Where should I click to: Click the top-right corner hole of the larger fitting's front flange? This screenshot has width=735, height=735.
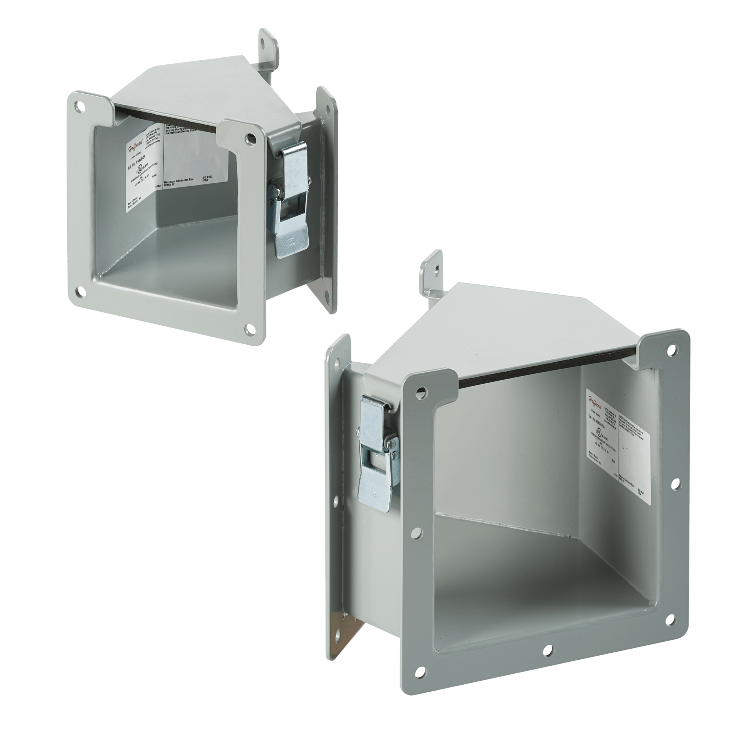(x=673, y=348)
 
